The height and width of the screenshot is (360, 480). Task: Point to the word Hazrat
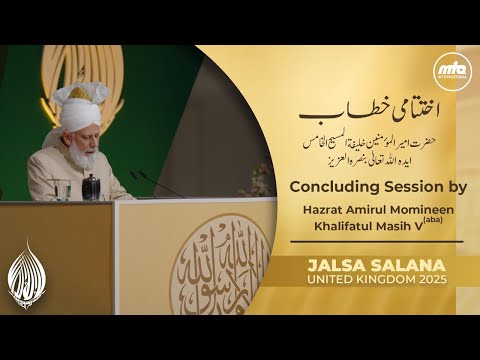tap(321, 210)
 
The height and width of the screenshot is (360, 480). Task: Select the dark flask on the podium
tap(91, 185)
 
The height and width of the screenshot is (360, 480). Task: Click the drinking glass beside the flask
tap(107, 188)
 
